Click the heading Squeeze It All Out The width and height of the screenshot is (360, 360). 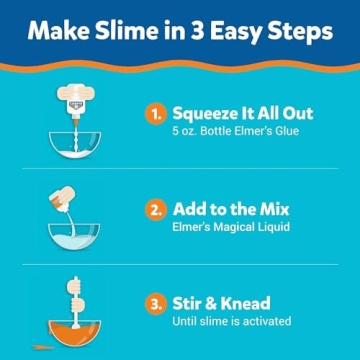coord(242,114)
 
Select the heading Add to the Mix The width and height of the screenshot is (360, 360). coord(230,210)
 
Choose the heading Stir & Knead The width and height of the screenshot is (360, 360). coord(221,302)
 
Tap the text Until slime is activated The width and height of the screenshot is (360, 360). coord(231,321)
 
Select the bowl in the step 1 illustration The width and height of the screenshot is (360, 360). coord(76,142)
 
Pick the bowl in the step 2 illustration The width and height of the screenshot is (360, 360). coord(76,237)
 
